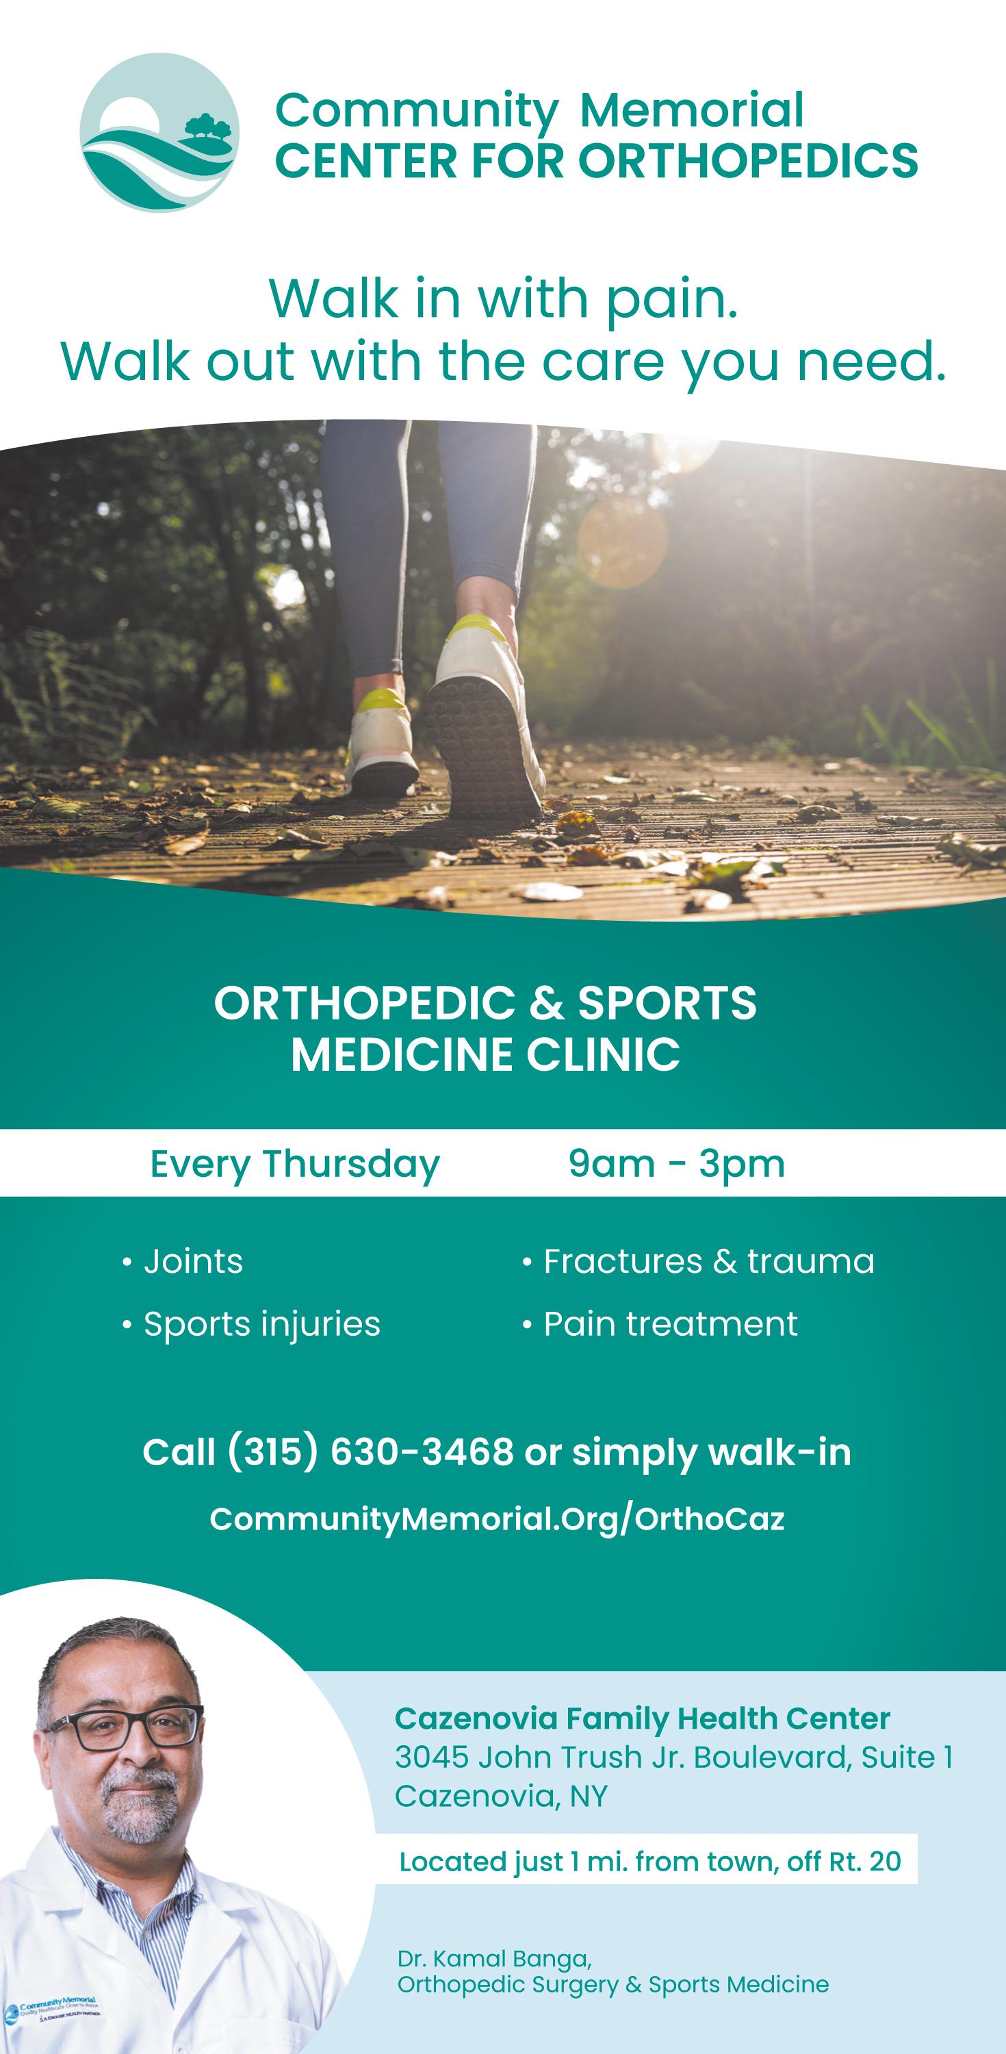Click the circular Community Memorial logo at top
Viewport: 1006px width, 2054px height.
159,132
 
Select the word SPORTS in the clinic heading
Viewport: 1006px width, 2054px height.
667,1003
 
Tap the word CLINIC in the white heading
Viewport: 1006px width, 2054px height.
603,1054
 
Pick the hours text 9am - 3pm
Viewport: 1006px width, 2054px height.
677,1165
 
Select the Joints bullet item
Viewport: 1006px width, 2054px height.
183,1261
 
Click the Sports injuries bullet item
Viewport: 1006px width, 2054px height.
251,1324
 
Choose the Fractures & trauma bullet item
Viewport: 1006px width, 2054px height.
698,1261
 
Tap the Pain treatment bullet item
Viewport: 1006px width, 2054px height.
660,1324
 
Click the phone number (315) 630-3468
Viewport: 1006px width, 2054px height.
371,1452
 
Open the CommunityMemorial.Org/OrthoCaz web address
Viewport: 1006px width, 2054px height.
498,1519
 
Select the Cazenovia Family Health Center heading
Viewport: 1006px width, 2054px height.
643,1719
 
